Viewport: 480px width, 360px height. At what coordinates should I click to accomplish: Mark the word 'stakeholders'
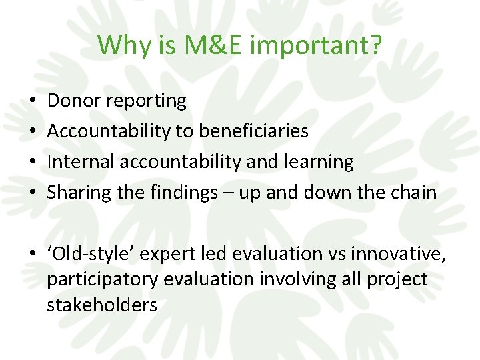(x=102, y=305)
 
